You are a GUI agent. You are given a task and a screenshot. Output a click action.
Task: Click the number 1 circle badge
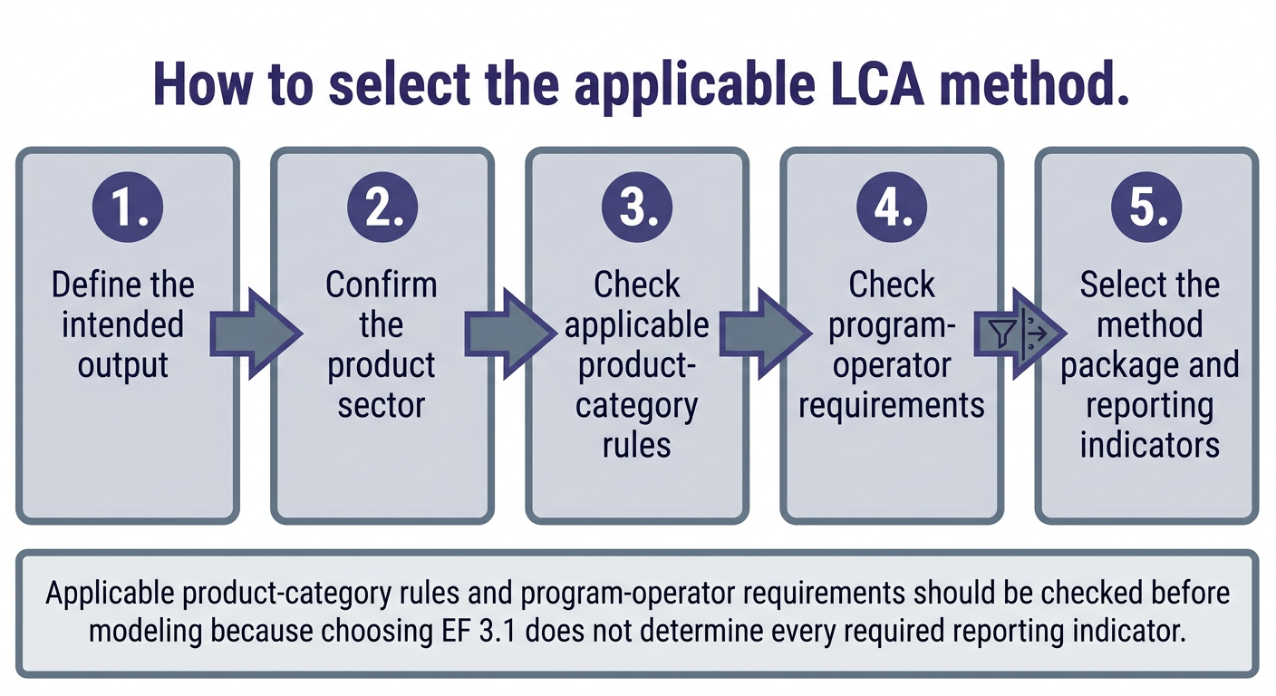[x=128, y=208]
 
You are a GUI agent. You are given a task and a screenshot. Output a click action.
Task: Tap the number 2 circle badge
[x=382, y=208]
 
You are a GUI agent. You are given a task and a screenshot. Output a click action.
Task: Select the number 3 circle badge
[x=637, y=208]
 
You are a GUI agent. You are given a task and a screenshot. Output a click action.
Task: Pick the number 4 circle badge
[x=892, y=208]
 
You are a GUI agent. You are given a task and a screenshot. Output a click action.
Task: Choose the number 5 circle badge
[x=1146, y=208]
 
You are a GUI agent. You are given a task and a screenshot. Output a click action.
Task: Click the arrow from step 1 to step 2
[x=256, y=333]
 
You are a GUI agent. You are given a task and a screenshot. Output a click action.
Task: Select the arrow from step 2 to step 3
[x=510, y=333]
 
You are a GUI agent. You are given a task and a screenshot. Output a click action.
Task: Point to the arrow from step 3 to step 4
[x=765, y=333]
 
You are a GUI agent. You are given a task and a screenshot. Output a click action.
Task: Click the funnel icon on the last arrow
[x=1000, y=333]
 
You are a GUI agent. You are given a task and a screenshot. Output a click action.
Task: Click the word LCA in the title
[x=876, y=84]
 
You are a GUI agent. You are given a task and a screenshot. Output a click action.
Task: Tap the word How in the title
[x=203, y=84]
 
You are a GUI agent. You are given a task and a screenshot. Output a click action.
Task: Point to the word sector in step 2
[x=382, y=405]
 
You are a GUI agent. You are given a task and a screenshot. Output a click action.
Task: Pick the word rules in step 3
[x=636, y=445]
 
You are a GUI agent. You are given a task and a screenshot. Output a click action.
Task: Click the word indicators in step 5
[x=1150, y=445]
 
